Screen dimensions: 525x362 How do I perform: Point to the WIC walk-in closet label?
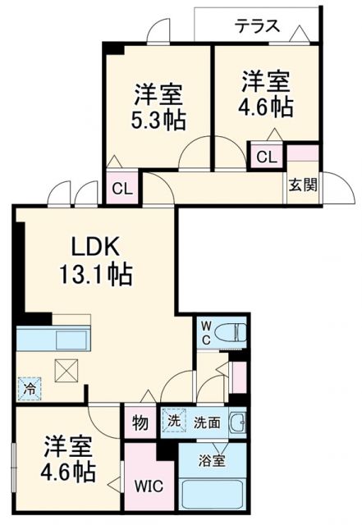149,485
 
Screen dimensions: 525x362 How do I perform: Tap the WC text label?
207,332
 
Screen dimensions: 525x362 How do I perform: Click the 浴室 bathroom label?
213,460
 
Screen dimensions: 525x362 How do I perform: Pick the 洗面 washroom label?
206,422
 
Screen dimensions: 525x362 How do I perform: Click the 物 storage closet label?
140,422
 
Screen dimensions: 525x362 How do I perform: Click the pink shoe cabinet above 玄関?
301,153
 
